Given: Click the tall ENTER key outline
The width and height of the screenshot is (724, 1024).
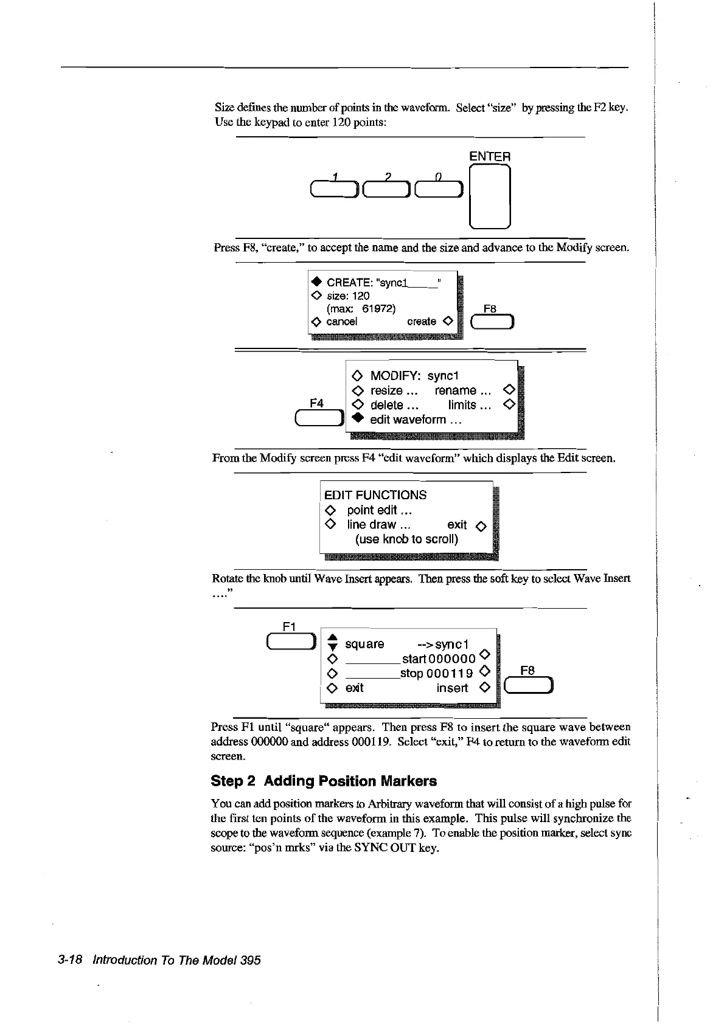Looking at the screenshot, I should coord(490,196).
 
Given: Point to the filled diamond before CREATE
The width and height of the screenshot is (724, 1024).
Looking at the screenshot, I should coord(316,283).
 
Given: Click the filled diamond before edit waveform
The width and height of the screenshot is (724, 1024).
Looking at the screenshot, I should coord(357,419).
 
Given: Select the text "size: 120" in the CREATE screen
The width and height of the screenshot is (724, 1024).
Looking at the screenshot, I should coord(348,296).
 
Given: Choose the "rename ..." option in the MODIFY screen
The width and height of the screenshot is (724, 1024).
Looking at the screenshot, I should coord(463,390).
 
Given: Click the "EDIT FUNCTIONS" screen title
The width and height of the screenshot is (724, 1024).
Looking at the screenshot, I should coord(375,495).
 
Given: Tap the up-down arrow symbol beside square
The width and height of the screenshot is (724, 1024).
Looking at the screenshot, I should coord(332,643).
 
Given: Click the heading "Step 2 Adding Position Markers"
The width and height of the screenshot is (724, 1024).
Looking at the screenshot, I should coord(324,781).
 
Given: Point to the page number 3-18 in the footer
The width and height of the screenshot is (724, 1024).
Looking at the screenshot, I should coord(71,960).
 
